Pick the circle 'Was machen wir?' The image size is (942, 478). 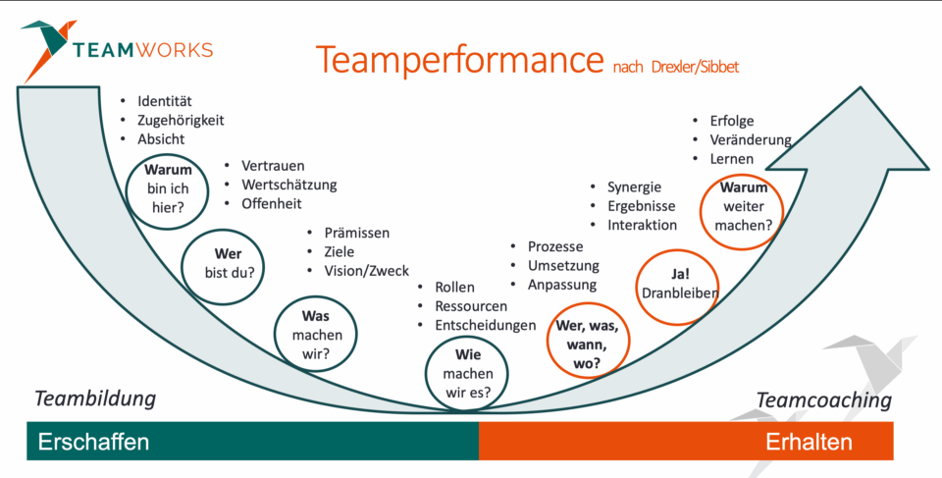click(316, 335)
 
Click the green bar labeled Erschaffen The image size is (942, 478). click(252, 442)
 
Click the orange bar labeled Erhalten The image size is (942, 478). click(686, 442)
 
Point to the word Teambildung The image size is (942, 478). click(95, 398)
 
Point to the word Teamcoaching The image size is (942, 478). click(823, 399)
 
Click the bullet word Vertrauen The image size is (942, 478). click(273, 166)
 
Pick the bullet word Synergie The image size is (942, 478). click(634, 186)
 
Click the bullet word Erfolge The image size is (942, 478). click(732, 121)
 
